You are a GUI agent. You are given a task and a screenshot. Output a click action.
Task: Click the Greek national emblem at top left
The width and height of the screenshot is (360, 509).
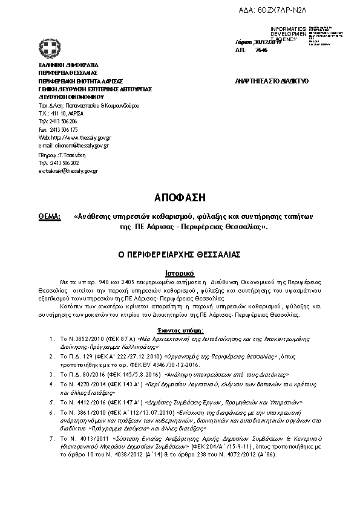click(x=48, y=48)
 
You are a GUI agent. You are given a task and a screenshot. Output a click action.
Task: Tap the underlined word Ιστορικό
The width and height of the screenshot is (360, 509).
click(x=180, y=273)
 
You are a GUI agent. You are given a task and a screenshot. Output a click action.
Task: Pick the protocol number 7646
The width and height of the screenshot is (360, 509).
click(x=261, y=50)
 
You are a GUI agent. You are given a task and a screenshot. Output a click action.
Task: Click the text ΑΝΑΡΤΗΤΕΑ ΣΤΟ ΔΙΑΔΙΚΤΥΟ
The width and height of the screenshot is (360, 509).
click(x=272, y=80)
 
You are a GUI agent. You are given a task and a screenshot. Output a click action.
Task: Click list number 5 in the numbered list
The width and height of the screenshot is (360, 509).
click(x=53, y=402)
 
